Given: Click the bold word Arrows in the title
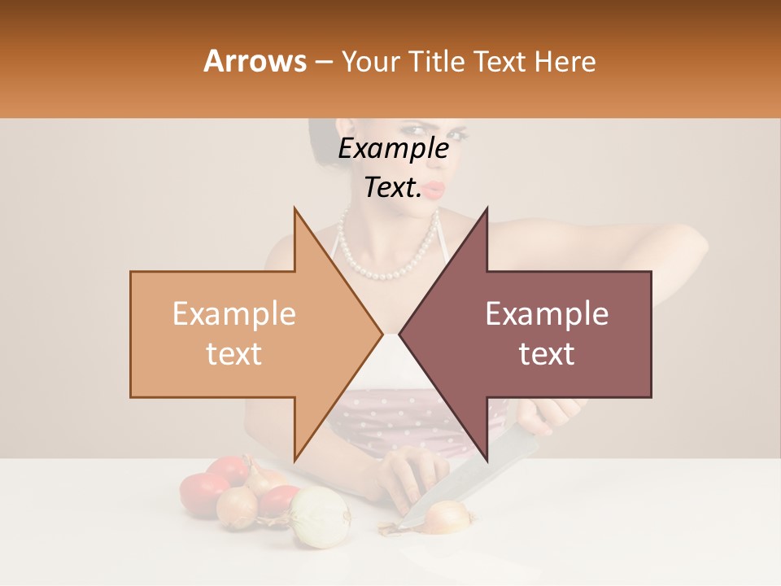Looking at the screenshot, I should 255,61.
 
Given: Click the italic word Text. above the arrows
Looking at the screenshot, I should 393,188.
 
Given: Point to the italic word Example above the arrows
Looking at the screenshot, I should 394,149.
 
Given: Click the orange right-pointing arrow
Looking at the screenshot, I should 244,334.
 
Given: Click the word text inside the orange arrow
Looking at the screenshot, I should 233,354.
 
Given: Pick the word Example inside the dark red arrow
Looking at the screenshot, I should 547,314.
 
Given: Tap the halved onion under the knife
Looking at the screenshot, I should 447,516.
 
